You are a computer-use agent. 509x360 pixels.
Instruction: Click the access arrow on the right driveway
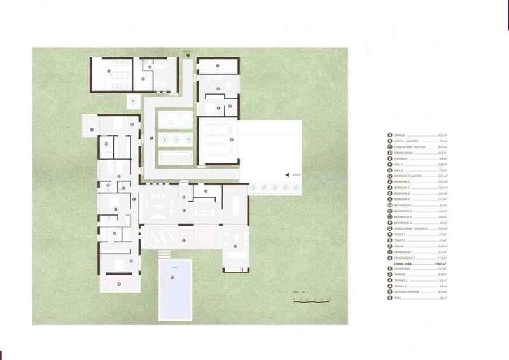pyautogui.click(x=287, y=174)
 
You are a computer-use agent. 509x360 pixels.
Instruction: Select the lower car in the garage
pyautogui.click(x=217, y=150)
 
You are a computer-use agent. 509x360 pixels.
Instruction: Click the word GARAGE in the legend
pyautogui.click(x=401, y=135)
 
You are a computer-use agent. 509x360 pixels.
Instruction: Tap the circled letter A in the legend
pyautogui.click(x=389, y=135)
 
